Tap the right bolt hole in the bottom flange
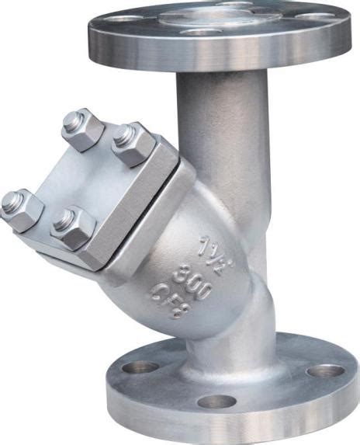point(325,370)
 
